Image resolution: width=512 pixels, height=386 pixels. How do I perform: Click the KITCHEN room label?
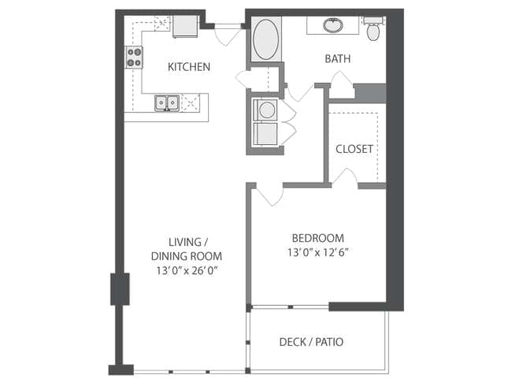click(189, 67)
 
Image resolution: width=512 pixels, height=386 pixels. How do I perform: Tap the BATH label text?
click(338, 59)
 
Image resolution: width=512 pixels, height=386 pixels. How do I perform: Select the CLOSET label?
click(354, 149)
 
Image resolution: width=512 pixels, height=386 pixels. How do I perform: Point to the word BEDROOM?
click(317, 238)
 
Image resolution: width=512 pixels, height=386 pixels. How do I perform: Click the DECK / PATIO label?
click(311, 342)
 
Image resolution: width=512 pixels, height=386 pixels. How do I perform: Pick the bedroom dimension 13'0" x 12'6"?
click(318, 252)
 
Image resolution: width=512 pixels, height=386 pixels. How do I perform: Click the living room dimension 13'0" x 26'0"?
click(187, 271)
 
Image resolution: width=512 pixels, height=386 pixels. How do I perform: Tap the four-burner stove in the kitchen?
click(134, 58)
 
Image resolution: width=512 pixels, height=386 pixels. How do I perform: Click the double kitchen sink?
click(167, 103)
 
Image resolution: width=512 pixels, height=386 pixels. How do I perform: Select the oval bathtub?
click(266, 39)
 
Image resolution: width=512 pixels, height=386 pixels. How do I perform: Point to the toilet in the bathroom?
click(373, 29)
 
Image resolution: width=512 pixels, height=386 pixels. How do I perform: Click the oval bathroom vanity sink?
click(332, 25)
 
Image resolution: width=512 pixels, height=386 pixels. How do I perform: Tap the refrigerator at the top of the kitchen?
click(185, 26)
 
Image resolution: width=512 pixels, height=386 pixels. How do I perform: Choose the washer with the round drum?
click(265, 109)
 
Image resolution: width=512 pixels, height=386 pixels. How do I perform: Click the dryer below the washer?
click(265, 134)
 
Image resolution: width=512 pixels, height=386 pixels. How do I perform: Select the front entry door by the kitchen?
click(228, 35)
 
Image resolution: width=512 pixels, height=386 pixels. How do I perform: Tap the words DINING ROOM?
click(187, 256)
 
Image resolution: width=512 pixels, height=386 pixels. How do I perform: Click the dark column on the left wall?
click(120, 289)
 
